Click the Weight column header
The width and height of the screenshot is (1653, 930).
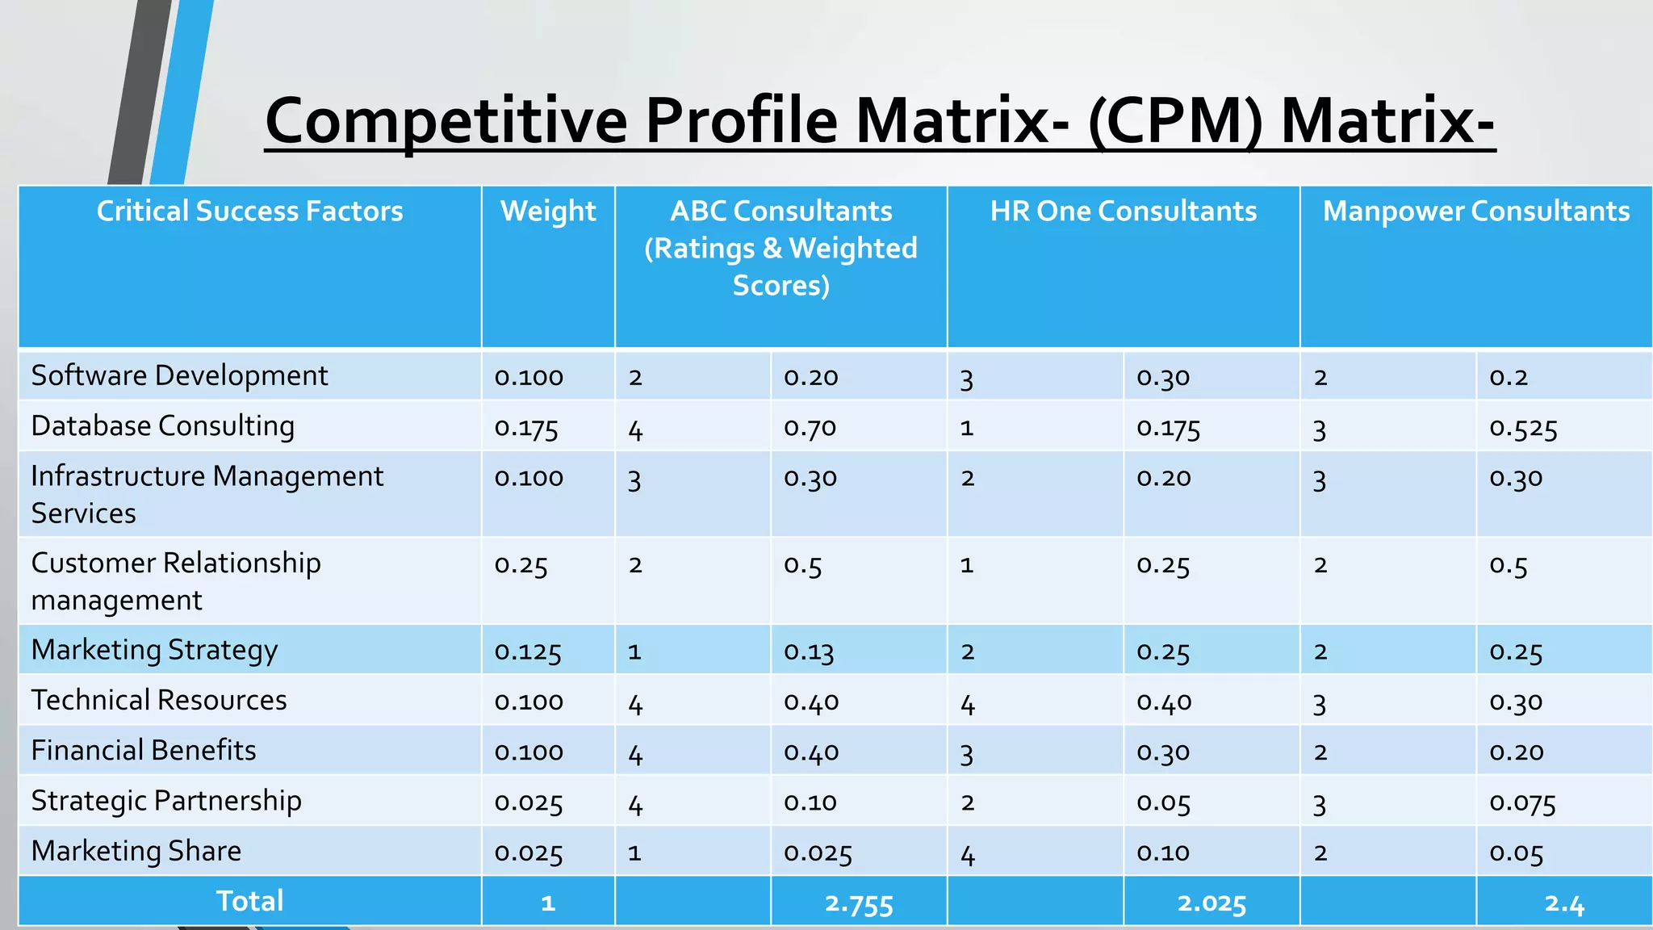coord(548,212)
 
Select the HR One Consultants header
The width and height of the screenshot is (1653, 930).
coord(1123,212)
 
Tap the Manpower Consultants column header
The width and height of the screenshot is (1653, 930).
coord(1475,212)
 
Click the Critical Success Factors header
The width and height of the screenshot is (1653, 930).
coord(249,212)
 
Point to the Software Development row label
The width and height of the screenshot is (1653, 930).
coord(179,376)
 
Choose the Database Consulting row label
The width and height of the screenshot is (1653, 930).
coord(162,426)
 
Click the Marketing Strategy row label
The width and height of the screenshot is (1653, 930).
coord(154,650)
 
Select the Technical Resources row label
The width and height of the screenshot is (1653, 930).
coord(159,700)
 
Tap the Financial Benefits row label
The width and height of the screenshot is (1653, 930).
coord(144,751)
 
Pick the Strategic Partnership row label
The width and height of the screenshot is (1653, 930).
coord(166,801)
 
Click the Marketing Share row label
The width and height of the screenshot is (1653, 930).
coord(136,852)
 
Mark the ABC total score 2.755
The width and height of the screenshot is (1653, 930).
coord(859,903)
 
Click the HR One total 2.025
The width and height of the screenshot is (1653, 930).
coord(1212,903)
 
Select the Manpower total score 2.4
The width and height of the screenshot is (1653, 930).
coord(1564,903)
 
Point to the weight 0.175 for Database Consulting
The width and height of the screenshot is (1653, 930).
coord(526,428)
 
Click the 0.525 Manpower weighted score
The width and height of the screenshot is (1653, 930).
coord(1523,428)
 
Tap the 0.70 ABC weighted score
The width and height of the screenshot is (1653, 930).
coord(810,428)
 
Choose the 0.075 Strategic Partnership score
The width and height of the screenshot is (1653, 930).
coord(1522,802)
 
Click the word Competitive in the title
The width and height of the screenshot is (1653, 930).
coord(446,121)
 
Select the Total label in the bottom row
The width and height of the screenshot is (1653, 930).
coord(249,901)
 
